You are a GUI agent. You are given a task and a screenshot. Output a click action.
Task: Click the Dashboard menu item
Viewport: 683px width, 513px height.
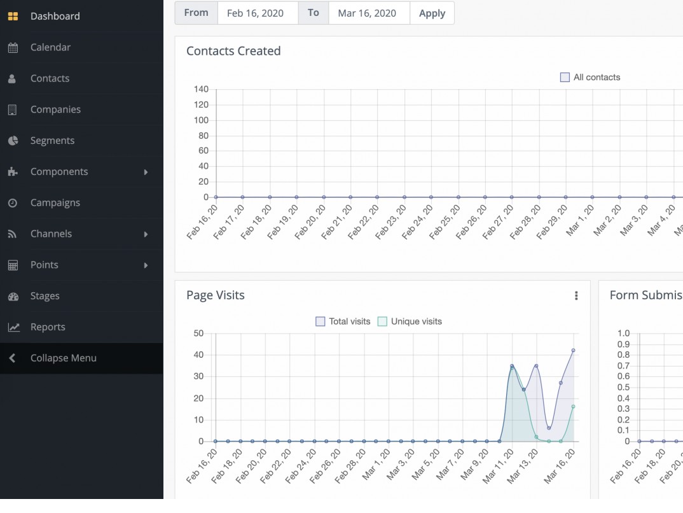coord(55,16)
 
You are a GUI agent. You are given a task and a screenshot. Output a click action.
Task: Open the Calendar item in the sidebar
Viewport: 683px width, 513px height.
coord(50,47)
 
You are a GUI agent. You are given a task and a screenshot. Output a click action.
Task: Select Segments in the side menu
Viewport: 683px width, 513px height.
coord(52,141)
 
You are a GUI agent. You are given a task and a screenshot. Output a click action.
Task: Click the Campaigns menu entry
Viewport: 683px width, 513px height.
coord(55,202)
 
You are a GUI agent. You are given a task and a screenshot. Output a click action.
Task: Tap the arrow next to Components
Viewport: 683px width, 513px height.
coord(146,172)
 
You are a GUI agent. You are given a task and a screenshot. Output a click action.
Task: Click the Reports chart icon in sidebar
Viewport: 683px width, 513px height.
coord(13,327)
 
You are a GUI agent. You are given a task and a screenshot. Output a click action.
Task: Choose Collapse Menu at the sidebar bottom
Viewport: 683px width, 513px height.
coord(63,358)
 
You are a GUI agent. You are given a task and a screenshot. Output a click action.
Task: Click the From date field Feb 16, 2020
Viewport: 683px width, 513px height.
coord(257,13)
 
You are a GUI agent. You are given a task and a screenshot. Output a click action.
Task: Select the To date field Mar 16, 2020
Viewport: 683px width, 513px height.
coord(369,13)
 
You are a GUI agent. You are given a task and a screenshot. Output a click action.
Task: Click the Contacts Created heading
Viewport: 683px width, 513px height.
coord(233,51)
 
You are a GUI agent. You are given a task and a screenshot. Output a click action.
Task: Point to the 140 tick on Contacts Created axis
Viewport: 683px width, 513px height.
coord(201,89)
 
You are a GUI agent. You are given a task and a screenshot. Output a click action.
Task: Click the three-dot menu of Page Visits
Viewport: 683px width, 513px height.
coord(576,295)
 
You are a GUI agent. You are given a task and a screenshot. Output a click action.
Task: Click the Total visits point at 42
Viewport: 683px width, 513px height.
coord(573,350)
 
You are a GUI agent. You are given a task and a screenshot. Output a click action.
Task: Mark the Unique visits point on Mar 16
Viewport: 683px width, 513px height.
coord(573,406)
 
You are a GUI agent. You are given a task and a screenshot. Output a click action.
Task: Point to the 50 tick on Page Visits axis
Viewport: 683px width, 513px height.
coord(198,333)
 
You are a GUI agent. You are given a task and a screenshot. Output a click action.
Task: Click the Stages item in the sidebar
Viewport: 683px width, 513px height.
coord(45,296)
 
